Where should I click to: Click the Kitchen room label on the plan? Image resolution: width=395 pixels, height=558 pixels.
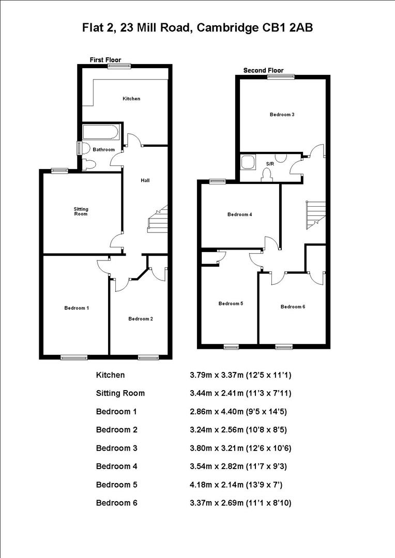131,99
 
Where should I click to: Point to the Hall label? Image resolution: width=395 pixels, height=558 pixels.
145,180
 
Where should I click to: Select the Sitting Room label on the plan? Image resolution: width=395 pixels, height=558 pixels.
81,211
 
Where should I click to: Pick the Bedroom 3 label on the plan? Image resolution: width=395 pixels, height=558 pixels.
282,115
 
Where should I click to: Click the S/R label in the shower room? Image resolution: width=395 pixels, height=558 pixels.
269,164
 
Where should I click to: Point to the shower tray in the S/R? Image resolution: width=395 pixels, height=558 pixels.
247,163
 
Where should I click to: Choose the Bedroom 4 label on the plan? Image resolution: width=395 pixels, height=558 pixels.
239,214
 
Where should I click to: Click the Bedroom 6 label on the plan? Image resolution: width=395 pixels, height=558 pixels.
293,307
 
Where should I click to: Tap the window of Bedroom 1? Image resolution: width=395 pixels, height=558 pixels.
73,357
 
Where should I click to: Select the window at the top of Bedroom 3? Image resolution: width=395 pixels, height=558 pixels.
281,77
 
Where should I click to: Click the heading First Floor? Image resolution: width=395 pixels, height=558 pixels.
105,60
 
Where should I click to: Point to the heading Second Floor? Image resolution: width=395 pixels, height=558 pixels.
264,70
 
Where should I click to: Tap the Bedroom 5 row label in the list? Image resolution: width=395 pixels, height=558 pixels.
116,485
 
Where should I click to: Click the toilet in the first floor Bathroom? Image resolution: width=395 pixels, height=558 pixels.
89,165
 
